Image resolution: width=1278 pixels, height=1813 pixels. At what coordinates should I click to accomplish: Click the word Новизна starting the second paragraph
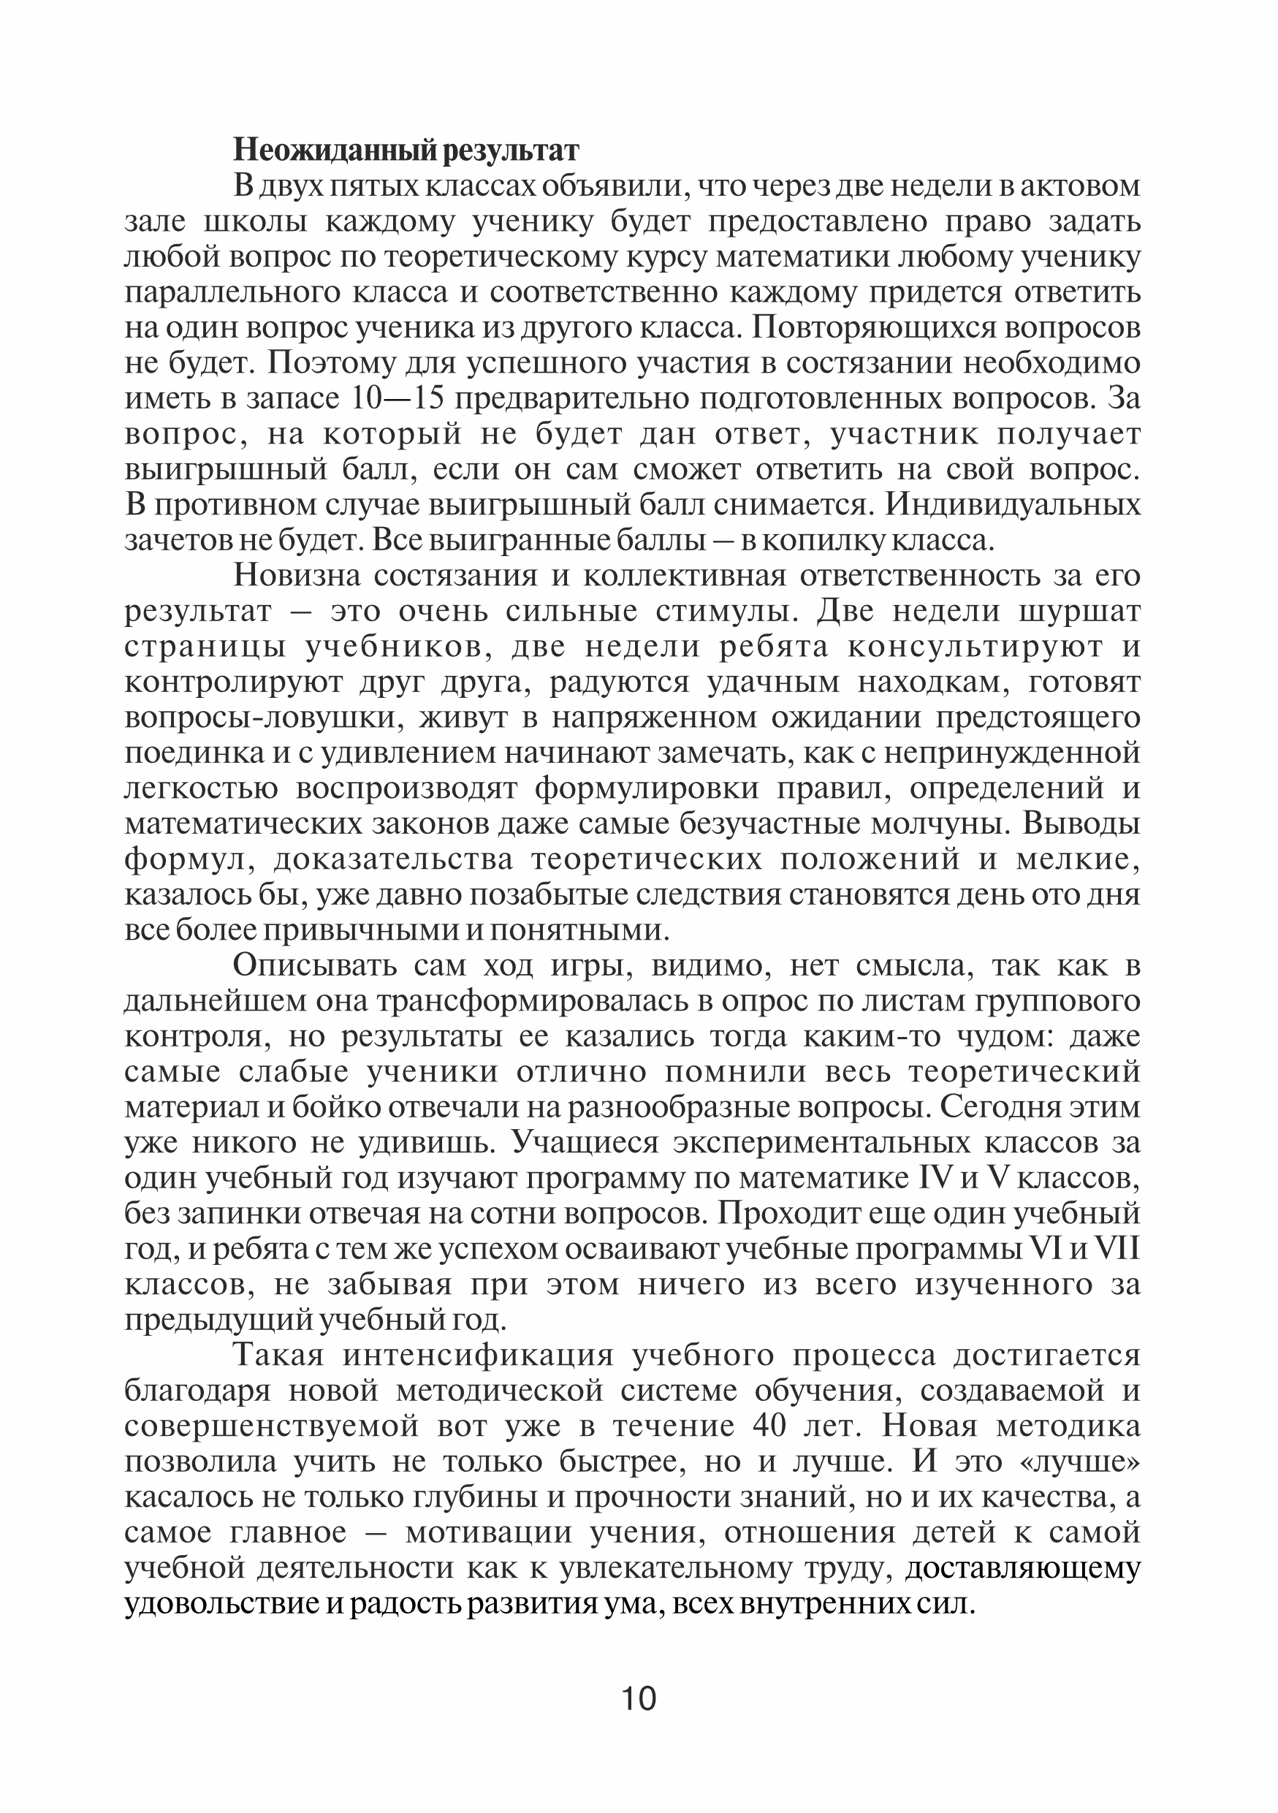(x=295, y=576)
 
